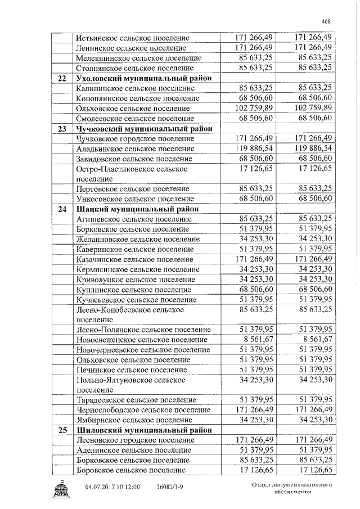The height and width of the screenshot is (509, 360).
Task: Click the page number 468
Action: click(326, 21)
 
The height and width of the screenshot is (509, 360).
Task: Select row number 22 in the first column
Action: click(62, 78)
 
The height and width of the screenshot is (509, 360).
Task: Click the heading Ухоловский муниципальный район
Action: click(143, 78)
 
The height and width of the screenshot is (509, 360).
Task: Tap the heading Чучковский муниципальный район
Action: click(143, 128)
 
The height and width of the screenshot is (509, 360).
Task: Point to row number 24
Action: click(62, 209)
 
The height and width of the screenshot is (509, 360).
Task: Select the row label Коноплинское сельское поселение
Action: click(137, 98)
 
